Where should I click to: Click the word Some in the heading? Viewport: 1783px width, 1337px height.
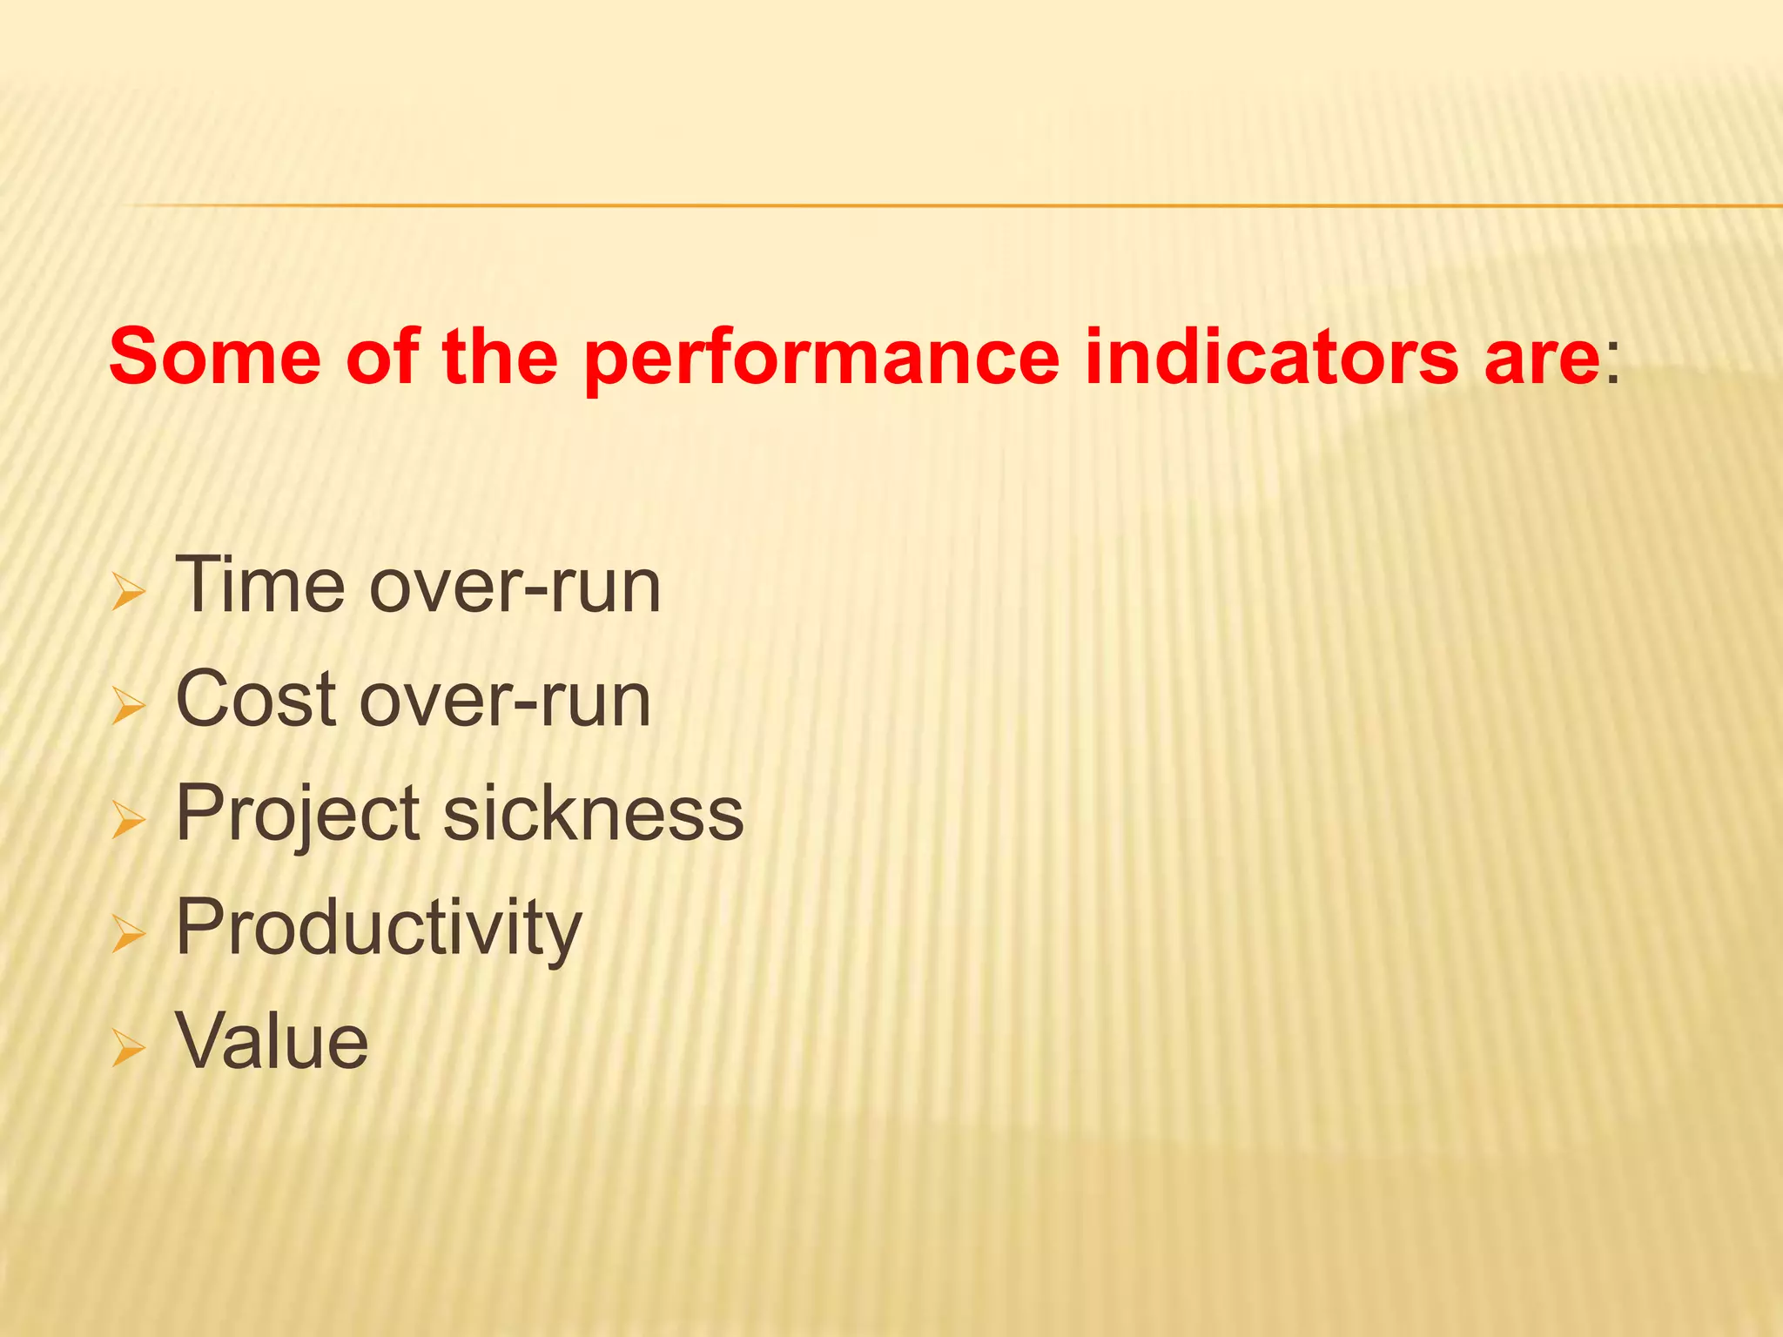tap(215, 357)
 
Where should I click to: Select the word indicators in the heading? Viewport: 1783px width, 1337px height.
tap(1271, 357)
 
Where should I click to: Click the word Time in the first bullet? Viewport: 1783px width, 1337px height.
tap(260, 585)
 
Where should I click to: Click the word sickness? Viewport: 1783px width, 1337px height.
tap(594, 813)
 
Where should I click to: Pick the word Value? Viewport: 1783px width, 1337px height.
tap(272, 1041)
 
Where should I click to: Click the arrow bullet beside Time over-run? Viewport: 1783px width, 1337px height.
tap(128, 593)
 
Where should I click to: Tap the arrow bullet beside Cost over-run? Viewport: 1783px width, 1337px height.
tap(128, 707)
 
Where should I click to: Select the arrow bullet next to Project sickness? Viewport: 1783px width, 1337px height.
tap(128, 821)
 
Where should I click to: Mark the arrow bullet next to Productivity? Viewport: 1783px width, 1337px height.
tap(128, 935)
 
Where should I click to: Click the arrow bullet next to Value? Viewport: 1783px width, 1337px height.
tap(128, 1049)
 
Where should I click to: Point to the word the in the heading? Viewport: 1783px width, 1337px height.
tap(499, 357)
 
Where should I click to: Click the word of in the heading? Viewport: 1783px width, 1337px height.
tap(382, 357)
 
